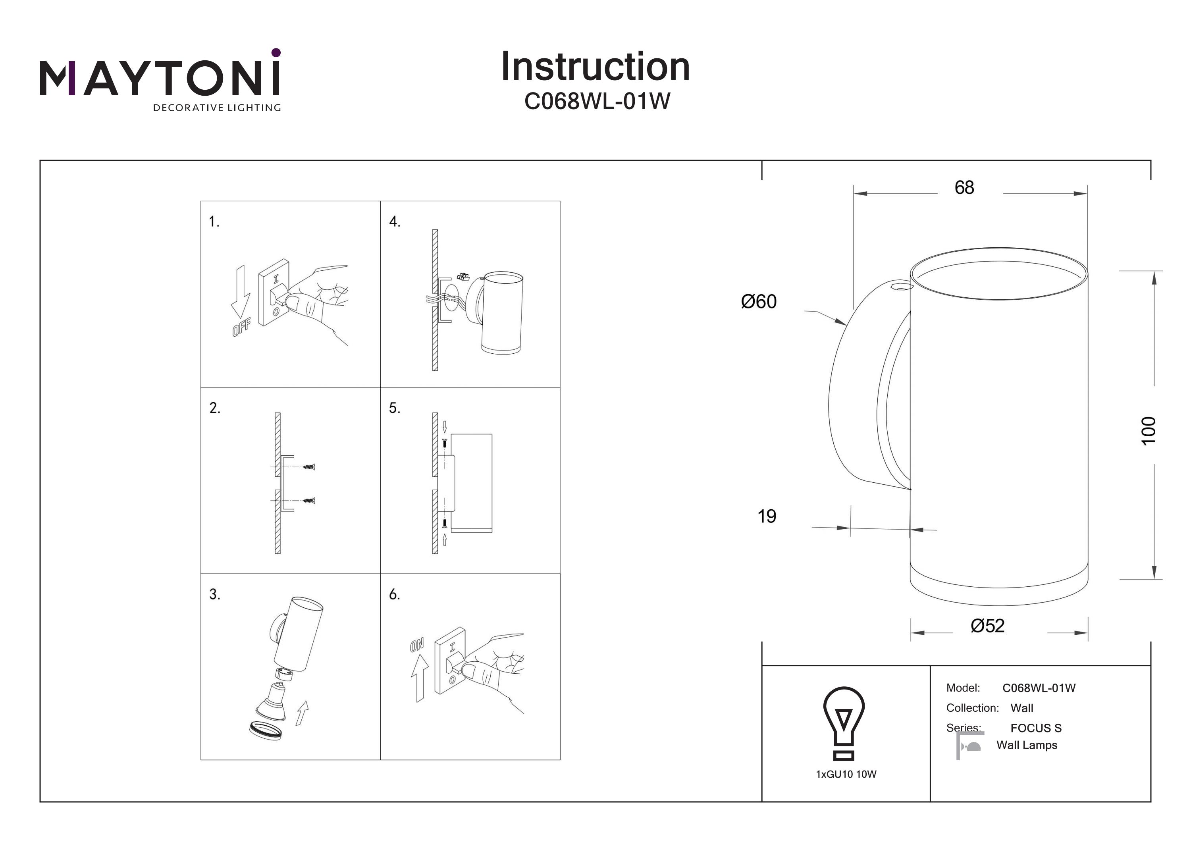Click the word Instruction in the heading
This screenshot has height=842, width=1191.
pyautogui.click(x=595, y=67)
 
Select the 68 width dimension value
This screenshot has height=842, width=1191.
pyautogui.click(x=964, y=188)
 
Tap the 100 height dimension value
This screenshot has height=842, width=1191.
pyautogui.click(x=1149, y=431)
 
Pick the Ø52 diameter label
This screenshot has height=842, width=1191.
pyautogui.click(x=987, y=626)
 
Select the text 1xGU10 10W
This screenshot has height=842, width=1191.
pyautogui.click(x=846, y=775)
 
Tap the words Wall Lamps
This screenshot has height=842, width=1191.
pyautogui.click(x=1027, y=746)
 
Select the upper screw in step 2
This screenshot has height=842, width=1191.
pyautogui.click(x=309, y=467)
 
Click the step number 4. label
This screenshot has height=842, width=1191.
pyautogui.click(x=395, y=222)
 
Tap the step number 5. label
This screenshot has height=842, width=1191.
pyautogui.click(x=395, y=408)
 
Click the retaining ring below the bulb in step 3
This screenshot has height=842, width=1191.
pyautogui.click(x=265, y=730)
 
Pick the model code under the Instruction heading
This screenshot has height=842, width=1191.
pyautogui.click(x=597, y=102)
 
